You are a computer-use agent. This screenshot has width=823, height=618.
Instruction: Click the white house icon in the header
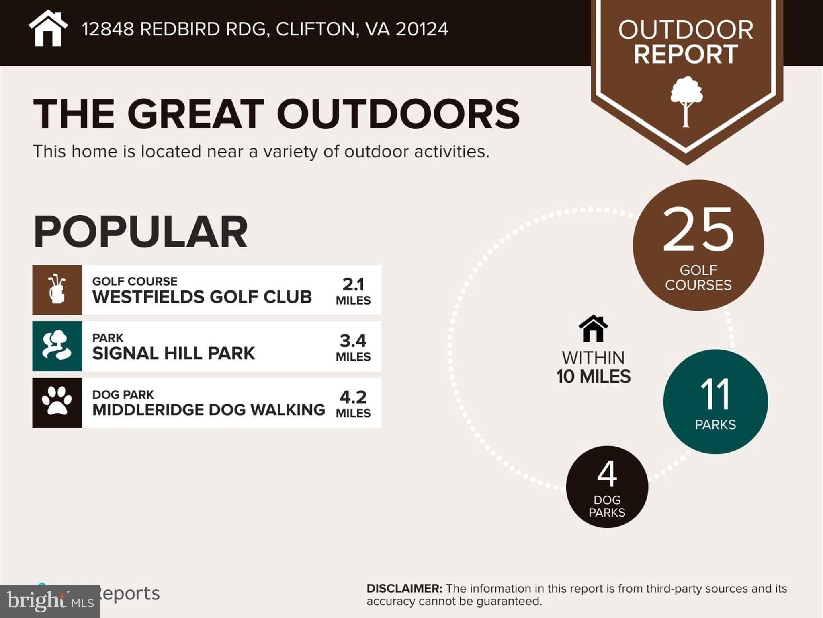48,29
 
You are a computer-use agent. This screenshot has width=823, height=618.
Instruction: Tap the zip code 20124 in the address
422,29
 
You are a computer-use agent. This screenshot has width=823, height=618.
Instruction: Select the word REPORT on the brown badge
686,54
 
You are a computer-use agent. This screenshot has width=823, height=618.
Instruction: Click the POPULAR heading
140,232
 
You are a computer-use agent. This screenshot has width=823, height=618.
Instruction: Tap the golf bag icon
57,290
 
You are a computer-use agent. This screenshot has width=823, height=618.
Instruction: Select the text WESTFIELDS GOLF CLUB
202,297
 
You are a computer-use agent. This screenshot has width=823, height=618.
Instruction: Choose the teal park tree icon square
57,346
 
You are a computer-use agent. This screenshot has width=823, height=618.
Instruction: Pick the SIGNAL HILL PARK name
173,353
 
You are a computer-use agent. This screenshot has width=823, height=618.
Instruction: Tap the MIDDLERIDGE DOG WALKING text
209,410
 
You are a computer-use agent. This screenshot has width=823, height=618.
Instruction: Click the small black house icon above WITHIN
593,329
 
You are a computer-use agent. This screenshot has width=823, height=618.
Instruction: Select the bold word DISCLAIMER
404,589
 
